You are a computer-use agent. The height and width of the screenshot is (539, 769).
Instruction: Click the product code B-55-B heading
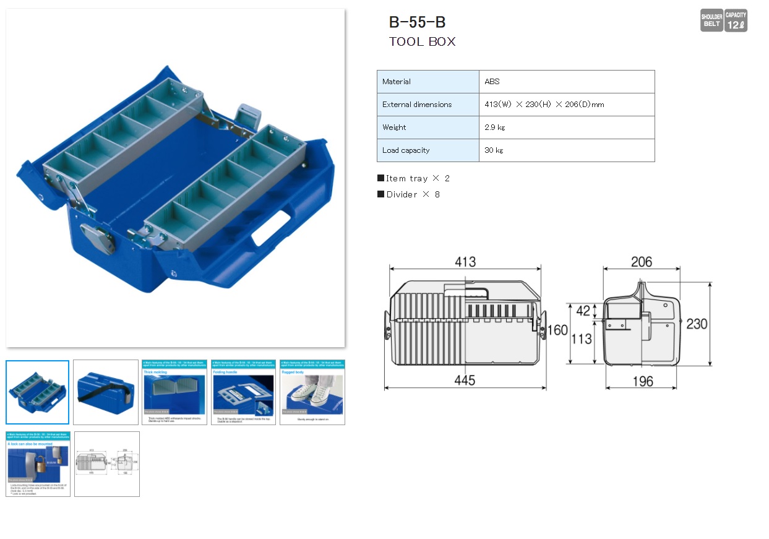(x=417, y=22)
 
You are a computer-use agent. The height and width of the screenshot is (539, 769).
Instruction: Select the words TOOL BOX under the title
(x=422, y=42)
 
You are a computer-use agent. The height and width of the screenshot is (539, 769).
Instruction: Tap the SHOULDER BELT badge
(x=711, y=20)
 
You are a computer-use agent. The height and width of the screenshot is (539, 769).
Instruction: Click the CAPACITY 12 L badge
(x=736, y=20)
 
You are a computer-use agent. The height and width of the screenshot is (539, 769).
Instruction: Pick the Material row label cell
(x=427, y=82)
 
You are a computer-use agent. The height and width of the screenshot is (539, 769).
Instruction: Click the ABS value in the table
(x=492, y=82)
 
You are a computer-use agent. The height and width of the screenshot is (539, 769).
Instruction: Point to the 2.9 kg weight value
(x=494, y=127)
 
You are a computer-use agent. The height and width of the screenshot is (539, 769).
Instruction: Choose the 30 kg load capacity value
(x=494, y=150)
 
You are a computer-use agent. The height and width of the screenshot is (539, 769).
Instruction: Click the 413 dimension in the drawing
(x=465, y=262)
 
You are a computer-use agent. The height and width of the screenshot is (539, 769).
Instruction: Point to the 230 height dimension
(x=697, y=324)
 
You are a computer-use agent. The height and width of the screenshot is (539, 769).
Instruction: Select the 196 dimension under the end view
(x=642, y=381)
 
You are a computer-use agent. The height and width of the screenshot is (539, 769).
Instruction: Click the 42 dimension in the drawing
(x=583, y=311)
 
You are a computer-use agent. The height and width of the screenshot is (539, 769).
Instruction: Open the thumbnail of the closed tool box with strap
(x=106, y=392)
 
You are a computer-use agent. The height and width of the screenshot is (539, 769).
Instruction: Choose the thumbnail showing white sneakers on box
(x=312, y=392)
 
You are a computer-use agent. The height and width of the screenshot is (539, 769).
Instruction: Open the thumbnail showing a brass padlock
(x=38, y=464)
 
